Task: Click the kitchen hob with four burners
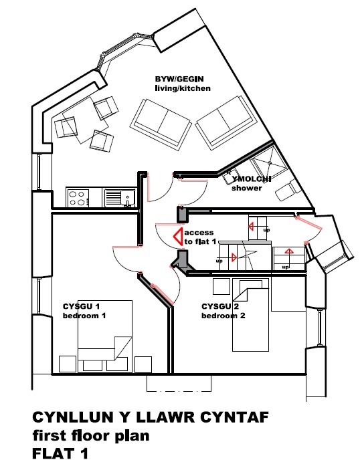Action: (x=78, y=198)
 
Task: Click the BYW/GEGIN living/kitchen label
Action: (x=183, y=84)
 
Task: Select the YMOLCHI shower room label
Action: (x=252, y=183)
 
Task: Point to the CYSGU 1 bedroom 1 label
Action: (x=84, y=311)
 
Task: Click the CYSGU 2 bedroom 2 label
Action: (x=223, y=311)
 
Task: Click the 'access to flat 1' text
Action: (x=200, y=237)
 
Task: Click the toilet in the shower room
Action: (x=286, y=190)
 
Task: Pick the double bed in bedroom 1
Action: (x=105, y=336)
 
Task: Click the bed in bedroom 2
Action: (x=250, y=315)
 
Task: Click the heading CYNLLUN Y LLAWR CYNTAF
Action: (x=151, y=417)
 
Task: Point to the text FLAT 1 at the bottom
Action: (x=60, y=453)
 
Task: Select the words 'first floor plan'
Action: (x=90, y=436)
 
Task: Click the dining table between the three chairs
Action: (x=85, y=120)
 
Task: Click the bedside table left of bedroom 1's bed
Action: (x=68, y=364)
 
